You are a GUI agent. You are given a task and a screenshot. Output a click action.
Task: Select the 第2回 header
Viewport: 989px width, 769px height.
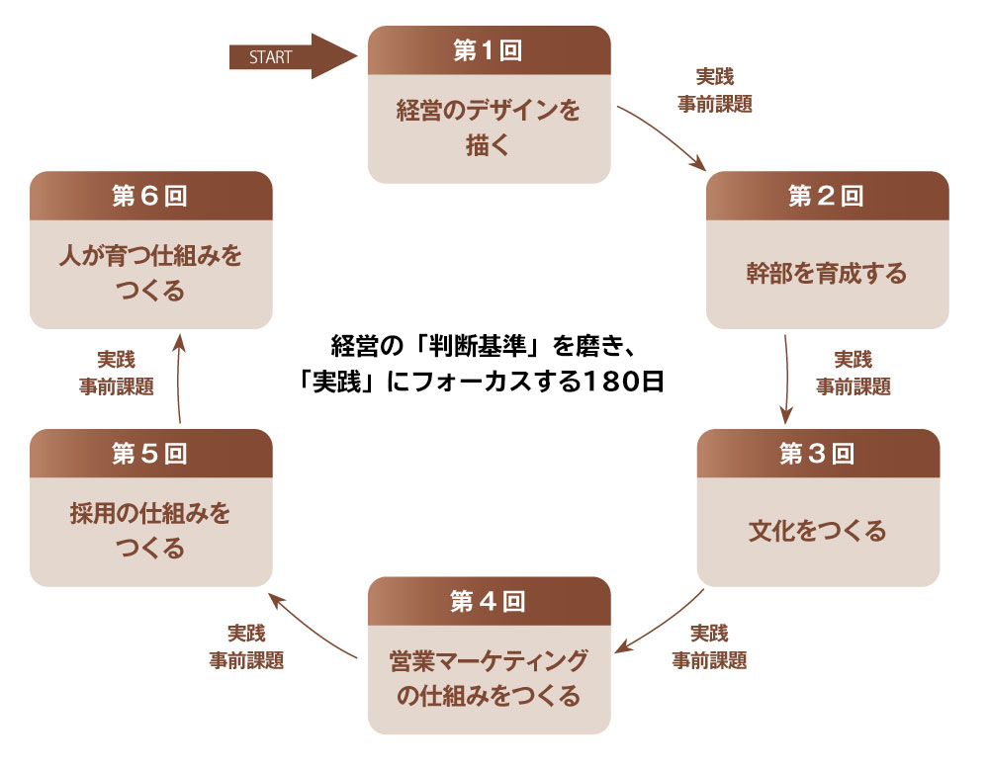coord(827,196)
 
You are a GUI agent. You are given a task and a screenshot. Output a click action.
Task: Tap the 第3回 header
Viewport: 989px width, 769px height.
coord(818,454)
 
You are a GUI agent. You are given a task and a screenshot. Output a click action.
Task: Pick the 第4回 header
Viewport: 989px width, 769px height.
coord(489,601)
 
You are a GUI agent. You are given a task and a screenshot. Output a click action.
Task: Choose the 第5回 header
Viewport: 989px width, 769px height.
coord(150,454)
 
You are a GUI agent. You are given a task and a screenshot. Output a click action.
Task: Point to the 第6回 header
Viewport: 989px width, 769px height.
coord(150,196)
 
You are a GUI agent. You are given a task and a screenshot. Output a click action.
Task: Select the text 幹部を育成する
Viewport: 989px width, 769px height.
coord(827,274)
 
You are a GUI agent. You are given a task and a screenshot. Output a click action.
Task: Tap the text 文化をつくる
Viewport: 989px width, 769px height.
coord(818,531)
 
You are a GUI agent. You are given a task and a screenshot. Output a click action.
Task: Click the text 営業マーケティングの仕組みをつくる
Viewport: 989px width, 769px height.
coord(489,678)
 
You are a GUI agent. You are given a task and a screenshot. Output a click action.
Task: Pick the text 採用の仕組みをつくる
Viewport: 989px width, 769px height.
coord(150,531)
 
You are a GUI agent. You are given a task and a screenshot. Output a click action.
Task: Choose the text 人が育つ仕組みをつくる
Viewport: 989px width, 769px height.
coord(150,274)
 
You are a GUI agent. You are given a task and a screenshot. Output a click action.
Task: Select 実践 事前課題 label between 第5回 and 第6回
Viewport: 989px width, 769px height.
coord(116,373)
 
